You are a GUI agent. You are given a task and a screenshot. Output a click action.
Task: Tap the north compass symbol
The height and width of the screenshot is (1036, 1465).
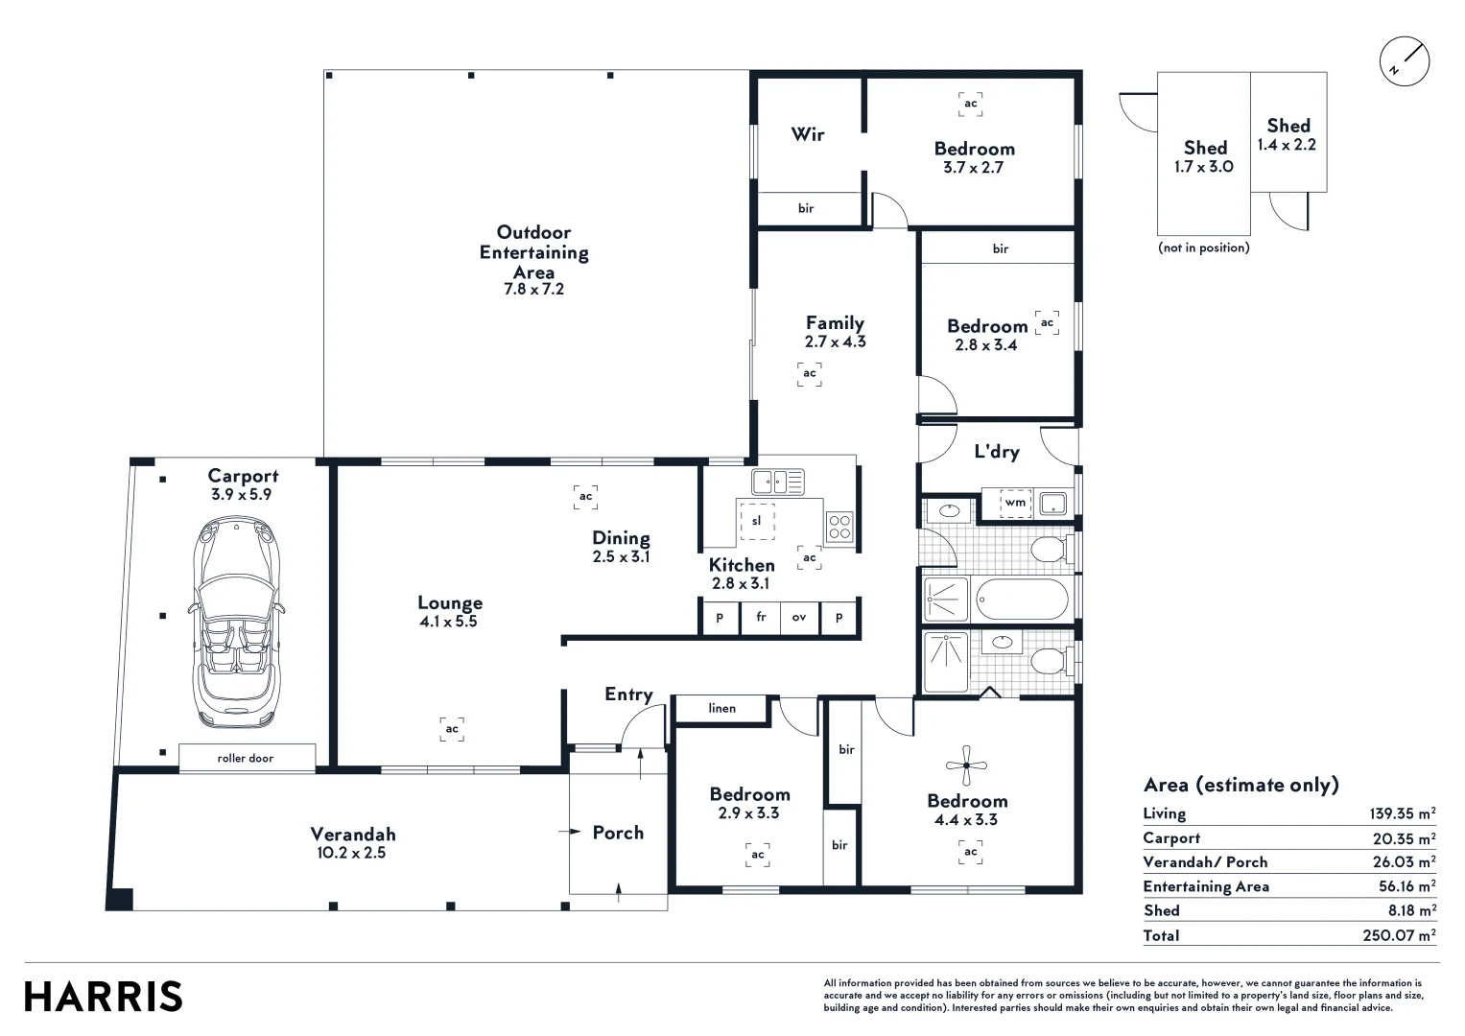(1404, 62)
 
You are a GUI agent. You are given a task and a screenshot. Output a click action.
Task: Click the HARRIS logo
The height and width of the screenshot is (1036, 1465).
(103, 997)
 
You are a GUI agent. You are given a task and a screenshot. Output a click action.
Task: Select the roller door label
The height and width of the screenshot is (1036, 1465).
(246, 758)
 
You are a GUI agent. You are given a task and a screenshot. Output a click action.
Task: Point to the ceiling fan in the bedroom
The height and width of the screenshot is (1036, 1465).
(966, 765)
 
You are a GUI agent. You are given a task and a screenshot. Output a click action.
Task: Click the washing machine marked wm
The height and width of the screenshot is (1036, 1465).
(1015, 503)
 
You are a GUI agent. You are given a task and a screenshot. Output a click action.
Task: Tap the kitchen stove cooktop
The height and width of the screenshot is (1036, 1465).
(839, 527)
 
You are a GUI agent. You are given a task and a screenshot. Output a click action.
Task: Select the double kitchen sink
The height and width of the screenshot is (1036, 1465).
(777, 482)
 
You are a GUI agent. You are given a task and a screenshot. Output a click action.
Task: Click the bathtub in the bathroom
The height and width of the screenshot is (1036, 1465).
(1022, 600)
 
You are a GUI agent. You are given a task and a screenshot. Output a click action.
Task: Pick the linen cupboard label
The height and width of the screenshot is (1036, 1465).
(722, 709)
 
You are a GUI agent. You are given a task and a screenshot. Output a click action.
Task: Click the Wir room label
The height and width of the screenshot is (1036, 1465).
(808, 134)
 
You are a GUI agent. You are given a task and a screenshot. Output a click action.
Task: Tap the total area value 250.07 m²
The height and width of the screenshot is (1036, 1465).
(1399, 935)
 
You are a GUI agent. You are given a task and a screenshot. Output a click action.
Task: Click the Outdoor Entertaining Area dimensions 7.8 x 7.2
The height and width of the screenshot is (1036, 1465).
(533, 289)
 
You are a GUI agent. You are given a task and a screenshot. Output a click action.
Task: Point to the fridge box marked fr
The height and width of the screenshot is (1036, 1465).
(761, 618)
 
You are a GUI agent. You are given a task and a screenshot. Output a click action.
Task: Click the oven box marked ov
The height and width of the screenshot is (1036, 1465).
(799, 618)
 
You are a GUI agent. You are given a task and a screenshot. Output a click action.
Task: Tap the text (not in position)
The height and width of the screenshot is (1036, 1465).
(1204, 247)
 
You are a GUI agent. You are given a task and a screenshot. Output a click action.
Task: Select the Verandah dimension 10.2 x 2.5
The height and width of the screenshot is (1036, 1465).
(351, 853)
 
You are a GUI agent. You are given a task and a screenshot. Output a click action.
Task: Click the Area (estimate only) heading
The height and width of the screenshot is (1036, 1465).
(1241, 785)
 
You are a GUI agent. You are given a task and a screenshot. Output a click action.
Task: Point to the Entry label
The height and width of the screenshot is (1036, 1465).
(628, 695)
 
